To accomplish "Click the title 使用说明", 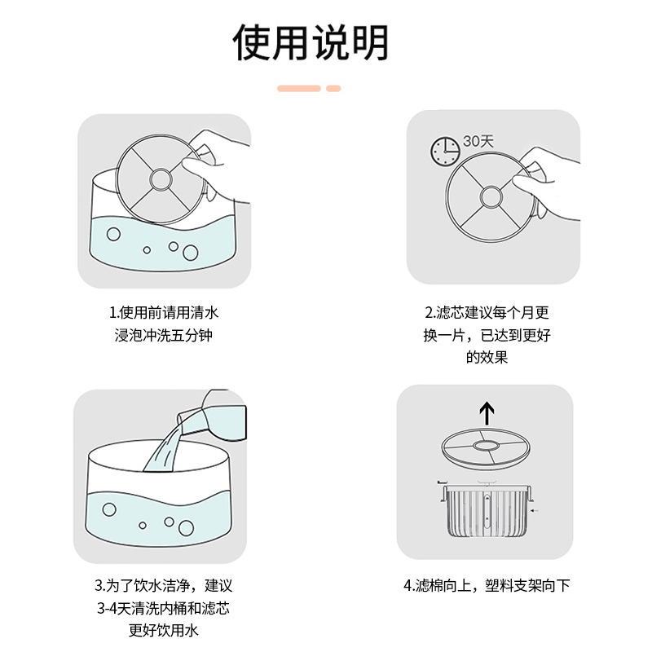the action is click(x=311, y=42).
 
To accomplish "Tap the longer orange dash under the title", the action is click(x=299, y=88).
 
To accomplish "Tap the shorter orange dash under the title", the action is click(x=333, y=88).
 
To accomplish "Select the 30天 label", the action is click(x=478, y=141).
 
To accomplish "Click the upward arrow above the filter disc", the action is click(x=487, y=413).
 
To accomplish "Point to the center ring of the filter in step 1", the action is click(x=161, y=179).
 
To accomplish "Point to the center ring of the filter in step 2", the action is click(x=491, y=196).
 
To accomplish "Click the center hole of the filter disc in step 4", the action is click(x=486, y=446).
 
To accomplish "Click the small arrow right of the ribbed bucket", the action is click(x=535, y=510).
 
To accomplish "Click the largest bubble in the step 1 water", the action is click(x=191, y=253).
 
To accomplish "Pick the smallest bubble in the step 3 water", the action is click(x=143, y=525).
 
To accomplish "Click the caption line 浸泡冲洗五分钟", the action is click(x=164, y=335).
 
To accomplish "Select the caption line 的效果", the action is click(x=487, y=357).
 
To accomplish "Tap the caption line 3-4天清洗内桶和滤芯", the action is click(x=164, y=608).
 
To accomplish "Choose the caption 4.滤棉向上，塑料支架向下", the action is click(x=487, y=585).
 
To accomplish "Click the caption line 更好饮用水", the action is click(x=164, y=630).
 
